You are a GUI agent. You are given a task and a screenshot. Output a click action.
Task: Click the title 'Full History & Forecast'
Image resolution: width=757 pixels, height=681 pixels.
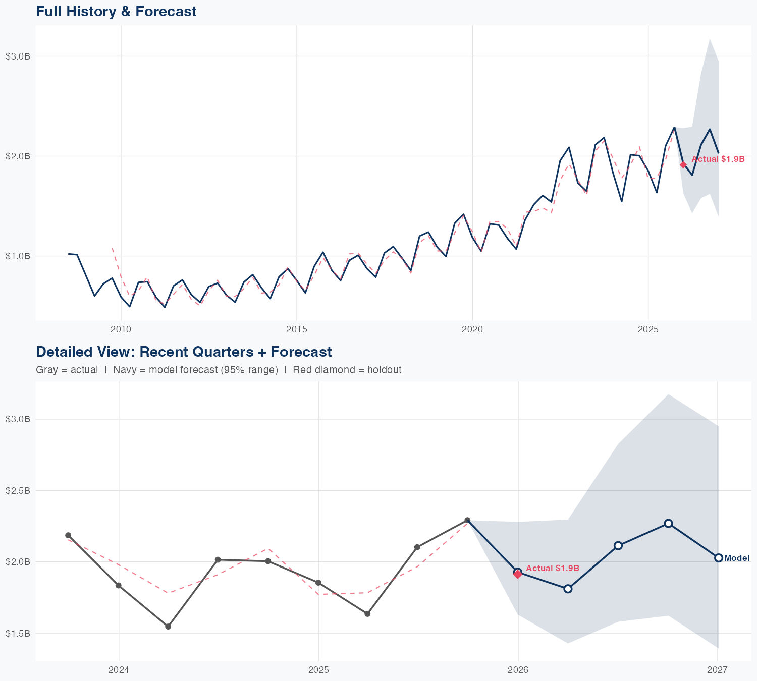pos(116,11)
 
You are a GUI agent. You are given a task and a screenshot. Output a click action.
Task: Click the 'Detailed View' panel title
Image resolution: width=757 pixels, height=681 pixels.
pos(184,352)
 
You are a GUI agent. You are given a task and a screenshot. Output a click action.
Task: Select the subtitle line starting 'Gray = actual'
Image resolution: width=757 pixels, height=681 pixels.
pos(219,370)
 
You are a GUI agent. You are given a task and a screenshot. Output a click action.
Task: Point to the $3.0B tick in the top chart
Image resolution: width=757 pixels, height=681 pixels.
pos(18,56)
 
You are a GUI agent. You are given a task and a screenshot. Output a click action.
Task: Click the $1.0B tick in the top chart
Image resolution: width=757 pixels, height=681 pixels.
pos(18,256)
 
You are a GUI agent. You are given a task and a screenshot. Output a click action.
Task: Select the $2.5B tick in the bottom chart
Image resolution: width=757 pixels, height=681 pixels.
pos(18,490)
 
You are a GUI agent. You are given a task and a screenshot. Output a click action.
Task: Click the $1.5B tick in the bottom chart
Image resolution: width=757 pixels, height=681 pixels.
pos(18,633)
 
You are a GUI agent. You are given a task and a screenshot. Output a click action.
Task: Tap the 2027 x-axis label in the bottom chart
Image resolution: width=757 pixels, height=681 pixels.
pos(717,670)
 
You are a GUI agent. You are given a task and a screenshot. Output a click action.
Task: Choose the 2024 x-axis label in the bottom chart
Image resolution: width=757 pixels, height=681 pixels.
pos(119,670)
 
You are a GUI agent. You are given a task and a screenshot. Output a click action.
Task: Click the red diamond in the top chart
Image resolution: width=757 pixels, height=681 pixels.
pos(683,165)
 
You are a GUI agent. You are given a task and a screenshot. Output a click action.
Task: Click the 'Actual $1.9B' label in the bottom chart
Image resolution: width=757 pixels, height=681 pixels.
pos(553,569)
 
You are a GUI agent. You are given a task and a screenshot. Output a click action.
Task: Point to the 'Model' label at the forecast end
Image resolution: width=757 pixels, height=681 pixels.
pos(737,558)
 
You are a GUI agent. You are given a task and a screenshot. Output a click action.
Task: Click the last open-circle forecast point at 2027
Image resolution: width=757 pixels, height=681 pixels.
pos(718,558)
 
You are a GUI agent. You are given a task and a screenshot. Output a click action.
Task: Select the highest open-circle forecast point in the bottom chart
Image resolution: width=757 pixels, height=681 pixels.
pos(668,523)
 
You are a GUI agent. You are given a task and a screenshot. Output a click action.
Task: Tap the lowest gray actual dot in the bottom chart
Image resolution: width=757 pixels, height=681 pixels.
pos(168,627)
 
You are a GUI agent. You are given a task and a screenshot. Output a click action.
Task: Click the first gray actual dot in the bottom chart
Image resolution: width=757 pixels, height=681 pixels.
pos(68,535)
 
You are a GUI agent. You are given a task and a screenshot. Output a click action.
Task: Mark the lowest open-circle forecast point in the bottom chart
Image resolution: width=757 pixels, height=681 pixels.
pos(568,589)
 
